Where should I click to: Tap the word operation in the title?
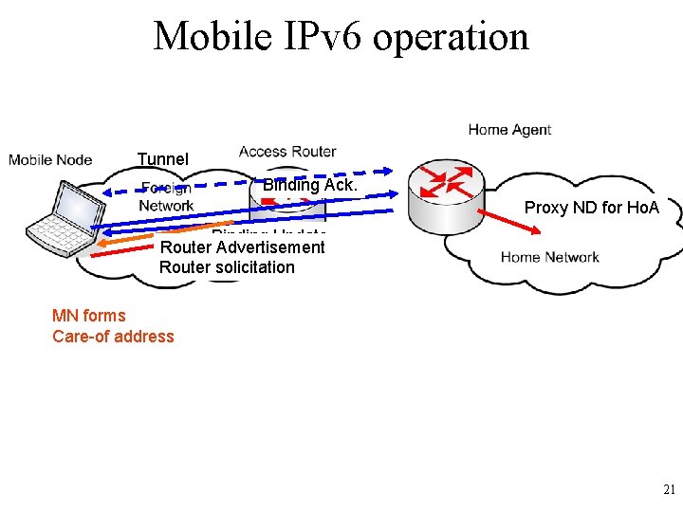pos(452,37)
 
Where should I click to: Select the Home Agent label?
pos(509,130)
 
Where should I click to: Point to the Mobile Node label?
pos(50,159)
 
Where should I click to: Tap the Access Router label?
pos(287,152)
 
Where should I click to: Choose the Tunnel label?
pos(163,159)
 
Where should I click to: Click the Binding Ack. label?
pos(310,186)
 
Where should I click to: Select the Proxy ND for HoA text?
pos(592,207)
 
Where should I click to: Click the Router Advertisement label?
pos(243,247)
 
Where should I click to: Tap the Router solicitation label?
pos(227,267)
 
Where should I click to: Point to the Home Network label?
pos(549,257)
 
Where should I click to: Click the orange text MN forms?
pos(89,316)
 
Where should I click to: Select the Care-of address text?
pos(113,337)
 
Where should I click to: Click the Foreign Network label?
pos(166,196)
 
